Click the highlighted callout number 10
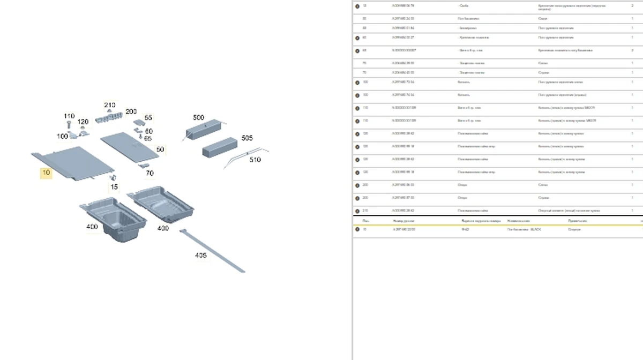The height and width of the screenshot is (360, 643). click(x=47, y=173)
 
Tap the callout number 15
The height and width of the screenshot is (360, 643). click(x=114, y=187)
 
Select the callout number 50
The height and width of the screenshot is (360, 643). click(x=160, y=149)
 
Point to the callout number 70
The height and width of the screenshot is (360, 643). click(x=149, y=173)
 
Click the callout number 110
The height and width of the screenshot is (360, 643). click(x=69, y=116)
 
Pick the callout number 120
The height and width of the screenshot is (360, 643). click(x=83, y=122)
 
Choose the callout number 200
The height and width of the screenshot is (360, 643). click(x=131, y=112)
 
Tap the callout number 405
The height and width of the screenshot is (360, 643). click(x=200, y=255)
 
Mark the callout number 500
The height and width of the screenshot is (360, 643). click(x=198, y=117)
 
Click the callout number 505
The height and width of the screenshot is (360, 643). click(x=247, y=138)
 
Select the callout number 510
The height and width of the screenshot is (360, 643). click(x=256, y=160)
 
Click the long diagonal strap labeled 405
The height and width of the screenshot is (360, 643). click(x=214, y=252)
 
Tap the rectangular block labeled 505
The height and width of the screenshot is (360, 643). click(x=220, y=146)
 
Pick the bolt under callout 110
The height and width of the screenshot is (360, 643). click(x=69, y=125)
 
